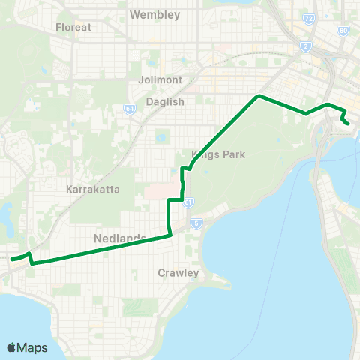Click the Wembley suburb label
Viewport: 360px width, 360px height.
(x=155, y=14)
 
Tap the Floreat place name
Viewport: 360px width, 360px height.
(x=73, y=27)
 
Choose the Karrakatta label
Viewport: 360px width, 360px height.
(x=92, y=189)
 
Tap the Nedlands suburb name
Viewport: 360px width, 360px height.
(x=119, y=238)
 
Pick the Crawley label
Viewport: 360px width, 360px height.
(x=178, y=273)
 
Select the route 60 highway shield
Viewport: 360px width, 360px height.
(x=343, y=31)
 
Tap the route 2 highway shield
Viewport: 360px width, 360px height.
(x=306, y=47)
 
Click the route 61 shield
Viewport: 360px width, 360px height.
(x=187, y=202)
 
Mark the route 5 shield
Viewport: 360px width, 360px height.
(x=196, y=223)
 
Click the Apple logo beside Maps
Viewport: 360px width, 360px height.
(x=12, y=347)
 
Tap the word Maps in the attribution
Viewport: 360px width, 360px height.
(x=33, y=347)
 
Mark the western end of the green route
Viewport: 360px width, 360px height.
(x=11, y=259)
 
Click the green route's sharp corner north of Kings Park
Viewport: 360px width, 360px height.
(x=259, y=96)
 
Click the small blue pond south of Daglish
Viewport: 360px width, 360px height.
(x=159, y=138)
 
